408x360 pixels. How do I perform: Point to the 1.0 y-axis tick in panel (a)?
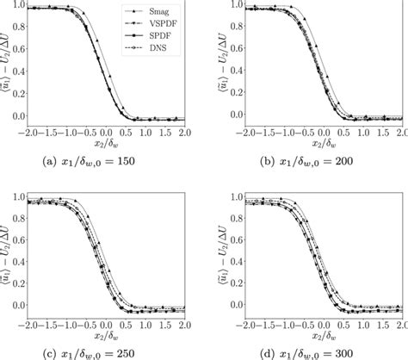[x=18, y=5]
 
